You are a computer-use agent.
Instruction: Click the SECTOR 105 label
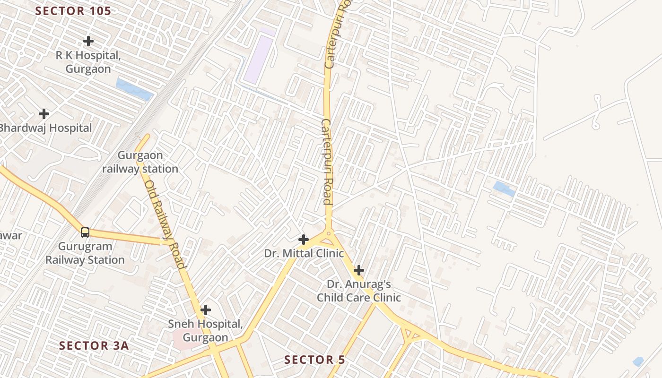[73, 11]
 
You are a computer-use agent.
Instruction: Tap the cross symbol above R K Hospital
[88, 41]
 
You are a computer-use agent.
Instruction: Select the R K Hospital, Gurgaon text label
[88, 62]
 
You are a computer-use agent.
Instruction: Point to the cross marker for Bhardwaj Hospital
[44, 114]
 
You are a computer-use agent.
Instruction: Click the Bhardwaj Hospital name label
[45, 128]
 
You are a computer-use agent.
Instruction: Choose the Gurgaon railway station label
[140, 162]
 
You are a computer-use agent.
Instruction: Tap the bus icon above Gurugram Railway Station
[85, 232]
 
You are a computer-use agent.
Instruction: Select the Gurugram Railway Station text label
[85, 253]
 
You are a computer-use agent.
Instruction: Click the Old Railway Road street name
[165, 224]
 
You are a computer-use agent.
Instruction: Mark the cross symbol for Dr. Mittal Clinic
[304, 240]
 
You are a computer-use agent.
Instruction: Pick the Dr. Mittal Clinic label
[304, 253]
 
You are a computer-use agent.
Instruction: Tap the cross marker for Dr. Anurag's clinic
[359, 270]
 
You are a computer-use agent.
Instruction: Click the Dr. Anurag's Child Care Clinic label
[359, 291]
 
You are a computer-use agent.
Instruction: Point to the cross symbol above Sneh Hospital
[205, 310]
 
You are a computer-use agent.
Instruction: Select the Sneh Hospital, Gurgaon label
[205, 331]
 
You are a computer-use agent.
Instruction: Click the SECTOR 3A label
[94, 345]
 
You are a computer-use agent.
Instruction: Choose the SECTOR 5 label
[314, 360]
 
